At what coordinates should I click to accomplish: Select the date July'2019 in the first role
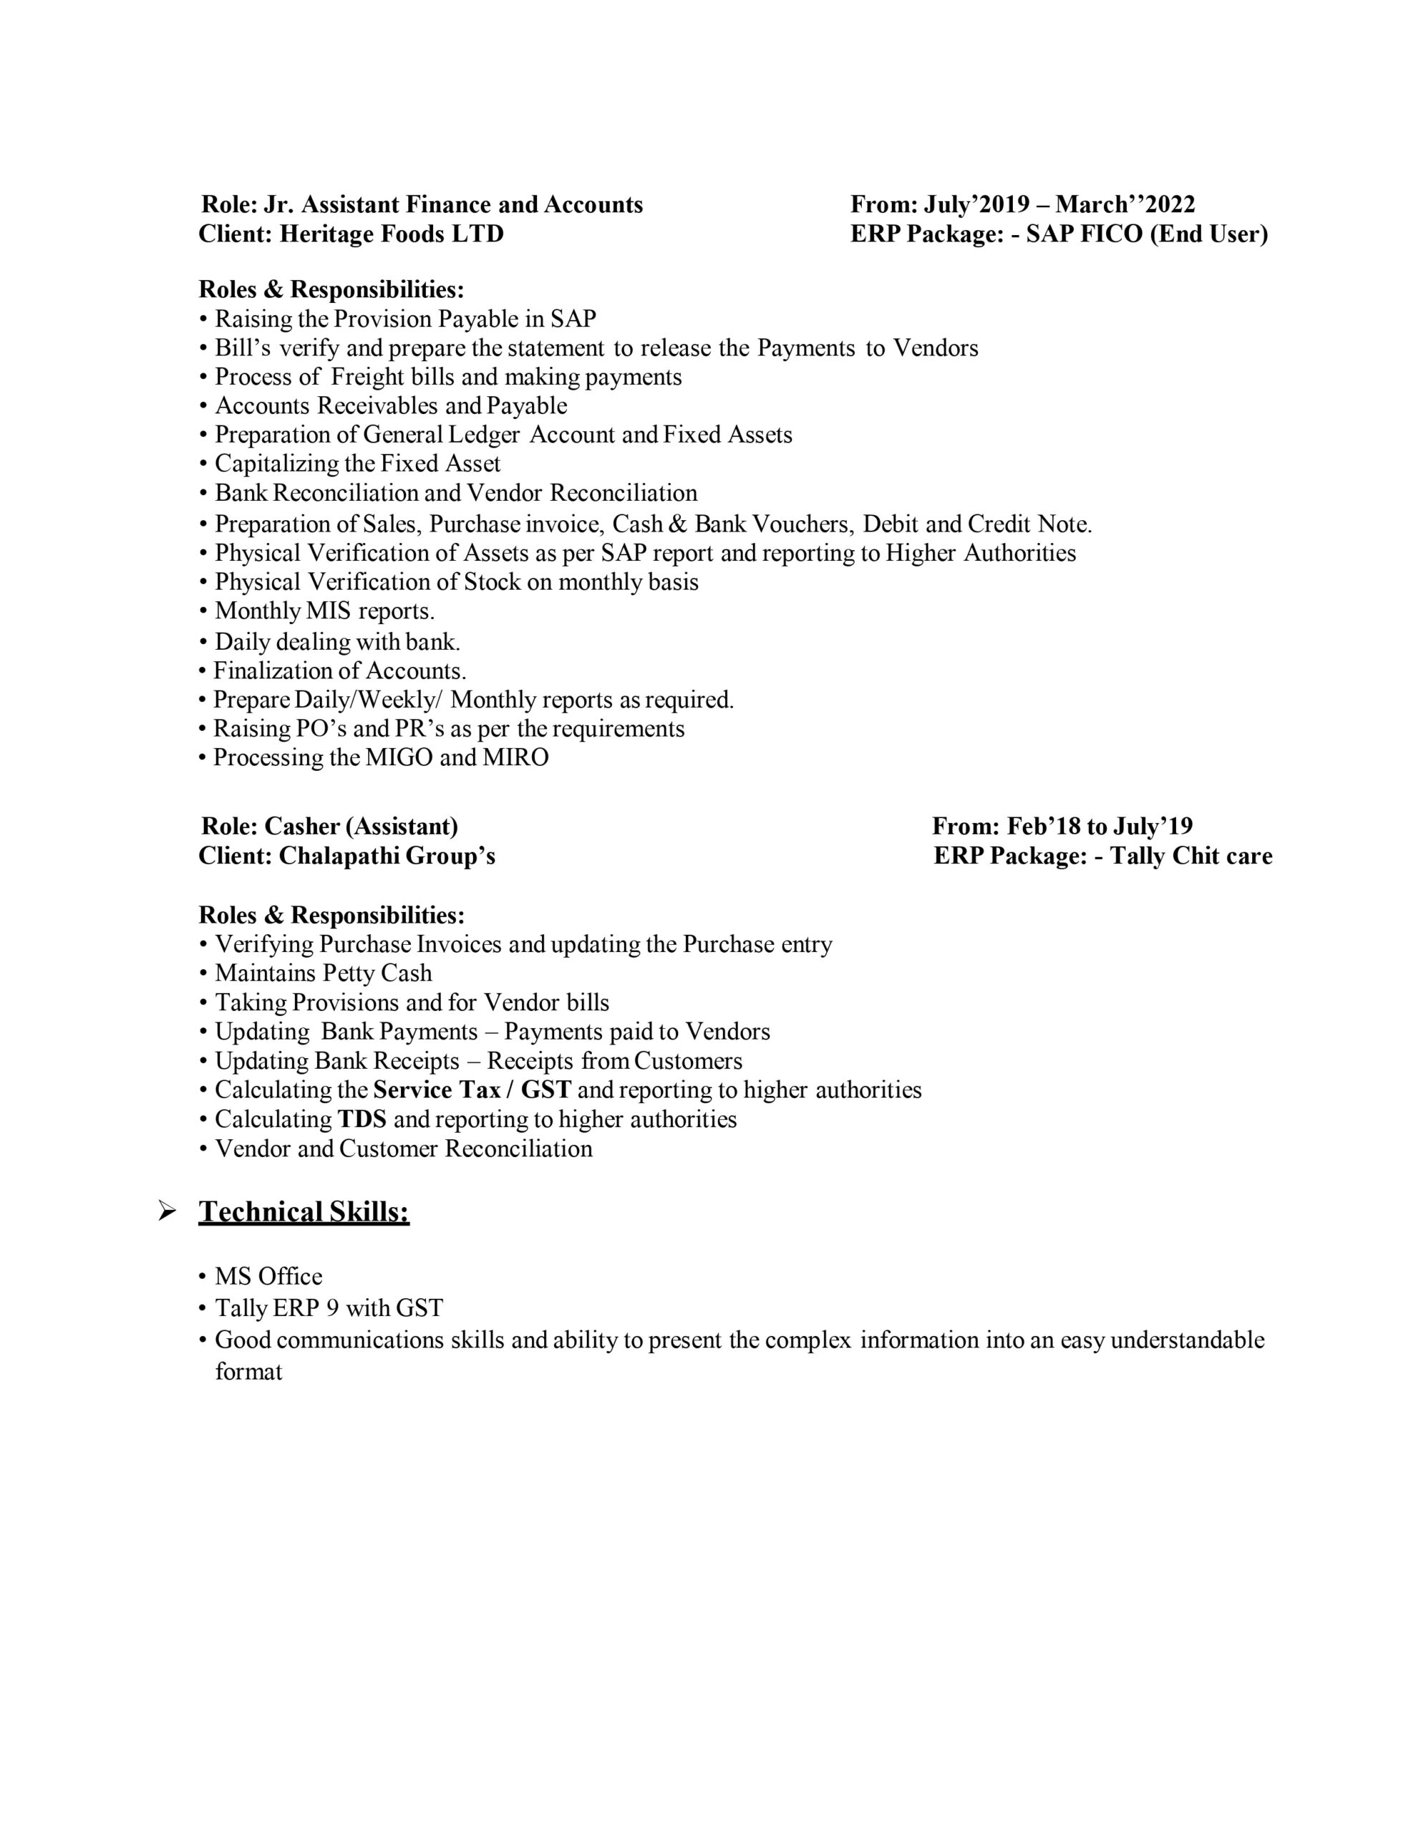coord(976,205)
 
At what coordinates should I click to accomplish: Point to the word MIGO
coord(399,757)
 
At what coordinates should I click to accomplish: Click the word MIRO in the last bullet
coord(515,757)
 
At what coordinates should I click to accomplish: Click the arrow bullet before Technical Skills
coord(167,1211)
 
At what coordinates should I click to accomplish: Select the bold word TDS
coord(362,1119)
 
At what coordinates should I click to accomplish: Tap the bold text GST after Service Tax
coord(545,1090)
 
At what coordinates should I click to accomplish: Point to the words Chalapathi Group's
coord(387,857)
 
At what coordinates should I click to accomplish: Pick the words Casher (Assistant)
coord(361,827)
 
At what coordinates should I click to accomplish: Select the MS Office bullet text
coord(268,1277)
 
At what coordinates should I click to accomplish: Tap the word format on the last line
coord(248,1372)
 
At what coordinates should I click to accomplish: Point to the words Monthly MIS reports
coord(324,610)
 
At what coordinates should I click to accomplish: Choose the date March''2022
coord(1125,205)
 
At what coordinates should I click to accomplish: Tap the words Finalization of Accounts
coord(339,671)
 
